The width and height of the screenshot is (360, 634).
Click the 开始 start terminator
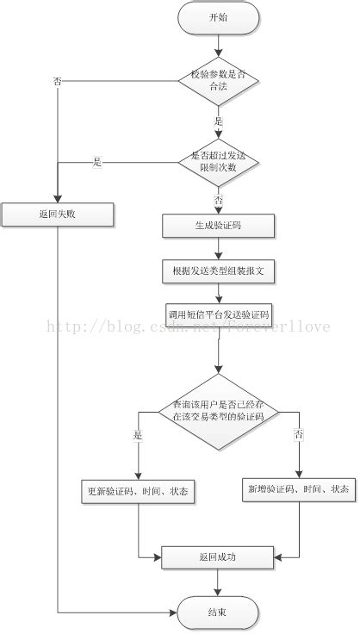pos(219,17)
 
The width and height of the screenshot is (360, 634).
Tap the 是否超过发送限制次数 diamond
pos(219,161)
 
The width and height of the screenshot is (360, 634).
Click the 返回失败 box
pos(58,213)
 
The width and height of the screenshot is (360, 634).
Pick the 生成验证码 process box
pos(219,226)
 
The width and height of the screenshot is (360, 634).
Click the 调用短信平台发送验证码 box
pos(219,313)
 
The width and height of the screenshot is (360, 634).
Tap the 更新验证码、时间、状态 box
pos(139,491)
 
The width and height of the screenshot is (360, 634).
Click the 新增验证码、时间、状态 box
pos(299,489)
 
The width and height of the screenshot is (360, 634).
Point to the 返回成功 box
pos(219,557)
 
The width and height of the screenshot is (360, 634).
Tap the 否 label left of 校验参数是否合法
pos(58,81)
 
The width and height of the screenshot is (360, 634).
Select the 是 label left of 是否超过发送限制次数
pos(97,161)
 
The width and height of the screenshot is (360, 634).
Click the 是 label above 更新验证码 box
pos(138,436)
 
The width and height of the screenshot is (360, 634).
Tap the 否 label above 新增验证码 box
pos(299,436)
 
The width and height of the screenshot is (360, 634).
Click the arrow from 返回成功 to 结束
pos(219,582)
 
